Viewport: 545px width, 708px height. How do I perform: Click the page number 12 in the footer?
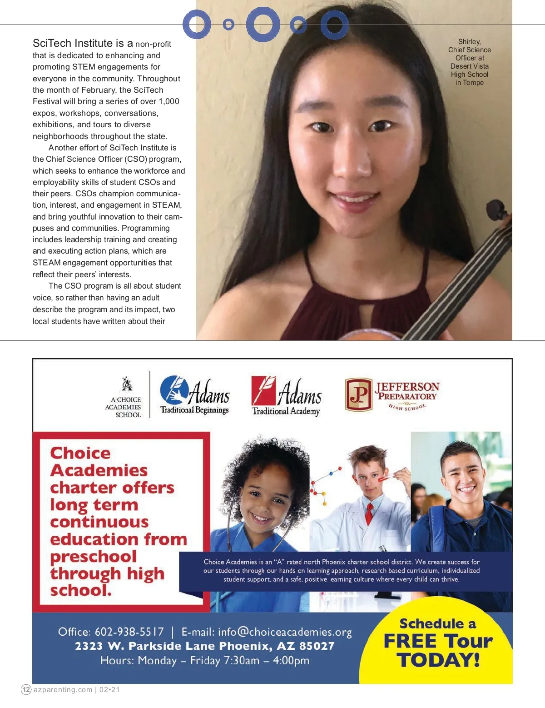(x=26, y=689)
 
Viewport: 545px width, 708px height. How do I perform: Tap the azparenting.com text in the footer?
(x=63, y=689)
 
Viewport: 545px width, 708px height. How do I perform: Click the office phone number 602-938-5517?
(x=129, y=632)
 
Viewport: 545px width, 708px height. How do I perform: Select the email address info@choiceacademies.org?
(x=284, y=632)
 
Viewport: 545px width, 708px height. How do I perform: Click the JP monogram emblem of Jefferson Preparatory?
(x=358, y=394)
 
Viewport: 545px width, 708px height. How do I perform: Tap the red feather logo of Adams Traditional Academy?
(x=263, y=390)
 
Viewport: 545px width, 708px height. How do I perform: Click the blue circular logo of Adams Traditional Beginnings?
(x=174, y=390)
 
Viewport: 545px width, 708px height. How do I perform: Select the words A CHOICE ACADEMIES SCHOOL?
(x=124, y=407)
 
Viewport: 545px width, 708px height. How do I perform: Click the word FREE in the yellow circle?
(x=410, y=641)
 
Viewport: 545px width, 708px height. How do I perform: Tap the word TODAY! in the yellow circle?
(x=438, y=660)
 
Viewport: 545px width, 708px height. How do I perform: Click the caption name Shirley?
(x=469, y=42)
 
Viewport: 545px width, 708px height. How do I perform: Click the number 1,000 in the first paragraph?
(x=169, y=101)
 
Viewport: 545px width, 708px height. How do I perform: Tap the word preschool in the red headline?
(x=93, y=557)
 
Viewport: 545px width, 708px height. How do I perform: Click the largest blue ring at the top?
(x=263, y=25)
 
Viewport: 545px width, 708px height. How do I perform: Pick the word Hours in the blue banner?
(x=116, y=660)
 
